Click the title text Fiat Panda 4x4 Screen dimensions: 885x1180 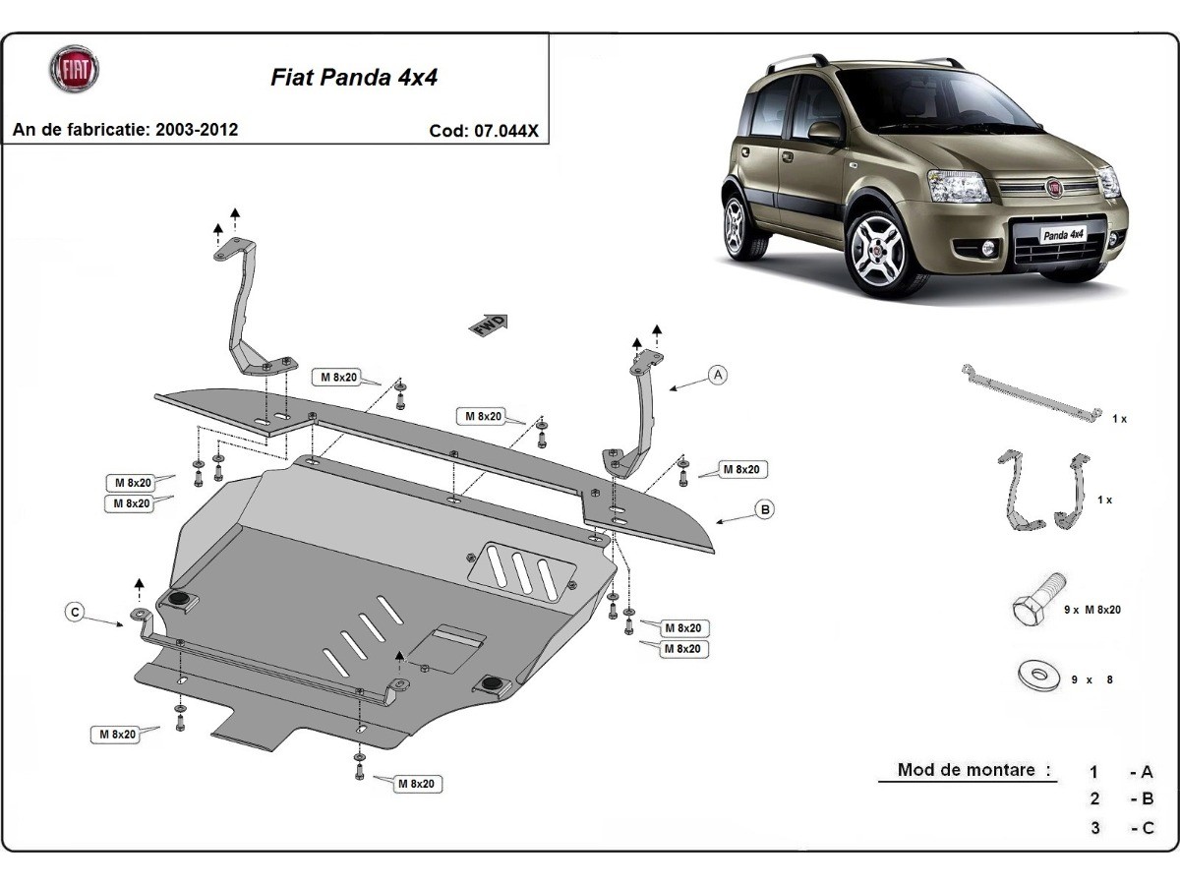tap(354, 79)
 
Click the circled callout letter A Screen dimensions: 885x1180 tap(719, 374)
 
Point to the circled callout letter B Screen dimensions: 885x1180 tap(765, 508)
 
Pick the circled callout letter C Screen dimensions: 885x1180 tap(74, 612)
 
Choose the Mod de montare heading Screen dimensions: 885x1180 tap(966, 770)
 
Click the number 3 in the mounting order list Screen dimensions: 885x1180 tap(1095, 828)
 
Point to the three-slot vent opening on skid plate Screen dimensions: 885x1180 tap(522, 571)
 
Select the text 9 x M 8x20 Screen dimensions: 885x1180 tap(1091, 610)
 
